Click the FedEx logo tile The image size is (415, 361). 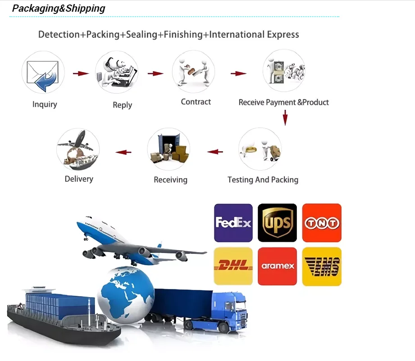click(233, 223)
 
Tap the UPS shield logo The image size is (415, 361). click(277, 223)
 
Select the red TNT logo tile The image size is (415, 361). click(321, 223)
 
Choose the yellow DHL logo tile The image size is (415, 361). click(233, 266)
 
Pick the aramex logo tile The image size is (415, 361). click(277, 266)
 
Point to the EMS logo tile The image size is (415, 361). click(321, 266)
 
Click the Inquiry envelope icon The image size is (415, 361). click(43, 72)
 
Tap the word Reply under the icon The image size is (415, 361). click(122, 105)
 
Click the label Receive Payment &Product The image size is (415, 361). click(283, 102)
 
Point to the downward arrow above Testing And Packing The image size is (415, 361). click(285, 117)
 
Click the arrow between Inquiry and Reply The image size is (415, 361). click(81, 73)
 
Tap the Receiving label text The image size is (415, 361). click(170, 180)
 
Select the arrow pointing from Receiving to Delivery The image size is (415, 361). click(123, 152)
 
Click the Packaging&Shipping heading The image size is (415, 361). click(59, 8)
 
